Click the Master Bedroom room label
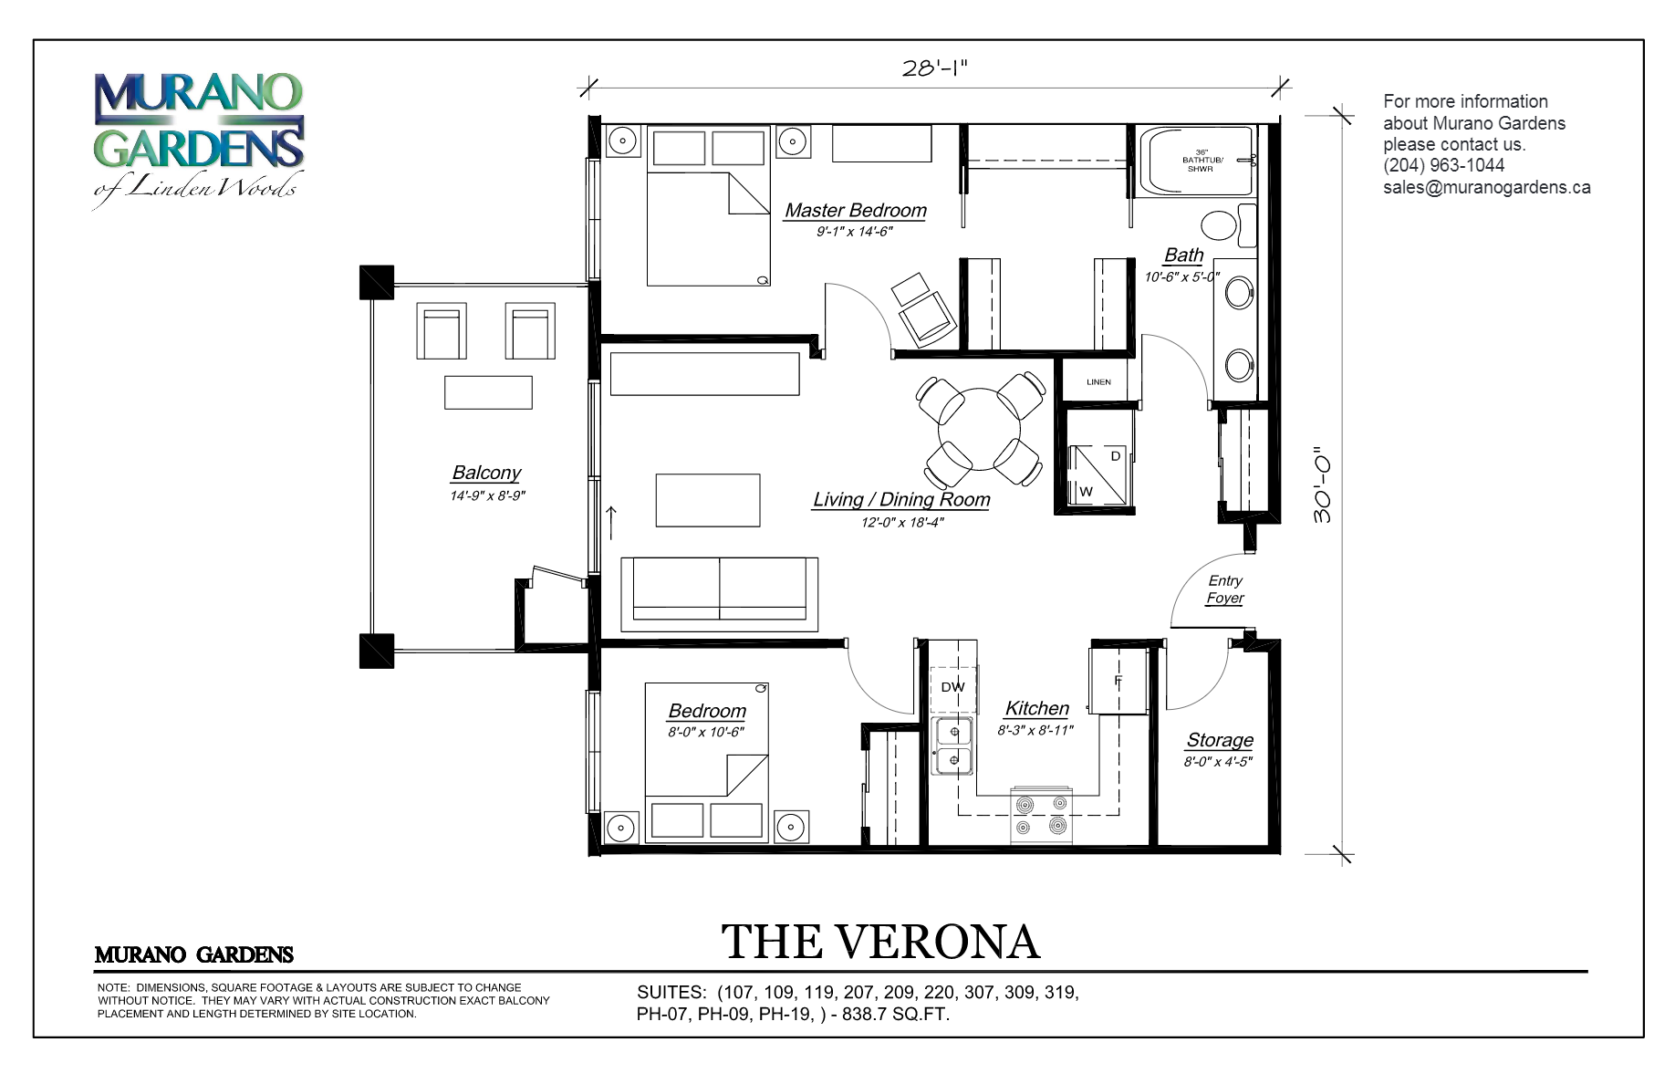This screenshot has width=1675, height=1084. click(855, 211)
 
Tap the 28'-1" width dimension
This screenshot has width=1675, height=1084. click(933, 68)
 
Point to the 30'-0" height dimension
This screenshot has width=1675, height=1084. click(1322, 485)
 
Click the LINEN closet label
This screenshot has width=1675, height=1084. click(1098, 381)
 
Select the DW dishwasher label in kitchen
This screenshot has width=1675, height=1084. click(952, 687)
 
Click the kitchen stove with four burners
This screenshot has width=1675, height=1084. click(1041, 815)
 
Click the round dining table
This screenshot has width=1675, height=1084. click(979, 429)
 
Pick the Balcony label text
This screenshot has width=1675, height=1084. click(486, 473)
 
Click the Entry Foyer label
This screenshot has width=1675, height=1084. click(1224, 589)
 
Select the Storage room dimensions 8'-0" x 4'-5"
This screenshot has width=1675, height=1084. click(1218, 762)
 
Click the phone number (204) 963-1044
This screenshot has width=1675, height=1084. click(1443, 165)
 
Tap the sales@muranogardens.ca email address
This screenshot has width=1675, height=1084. click(1486, 187)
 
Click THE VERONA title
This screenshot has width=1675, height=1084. click(880, 942)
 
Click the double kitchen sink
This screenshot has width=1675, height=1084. click(952, 745)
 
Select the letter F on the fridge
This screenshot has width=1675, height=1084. click(1118, 682)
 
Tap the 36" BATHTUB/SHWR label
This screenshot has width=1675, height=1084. click(1201, 160)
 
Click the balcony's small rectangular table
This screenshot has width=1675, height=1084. click(488, 392)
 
